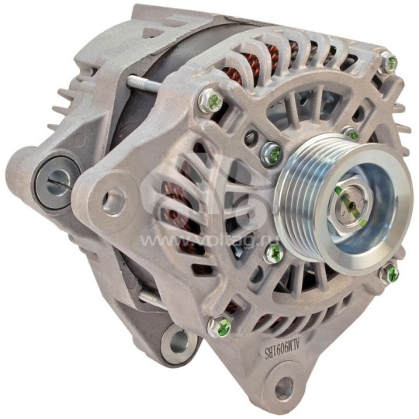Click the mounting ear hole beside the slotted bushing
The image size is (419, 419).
[x=113, y=200]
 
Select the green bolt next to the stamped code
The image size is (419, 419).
[x=220, y=326]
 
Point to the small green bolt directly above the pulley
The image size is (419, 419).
[x=351, y=133]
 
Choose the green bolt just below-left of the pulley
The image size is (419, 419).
[x=272, y=252]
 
